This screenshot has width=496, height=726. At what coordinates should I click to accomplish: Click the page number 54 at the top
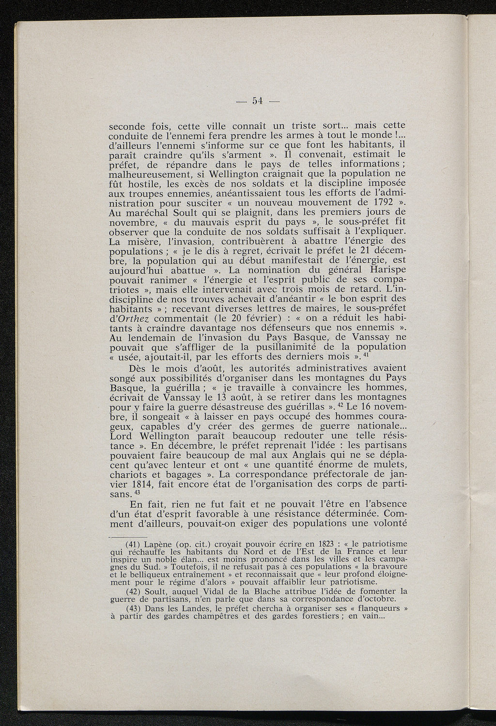coord(257,101)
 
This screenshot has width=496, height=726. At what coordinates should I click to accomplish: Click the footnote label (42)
coord(135,591)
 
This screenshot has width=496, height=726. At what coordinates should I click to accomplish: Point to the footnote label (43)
coord(135,608)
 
